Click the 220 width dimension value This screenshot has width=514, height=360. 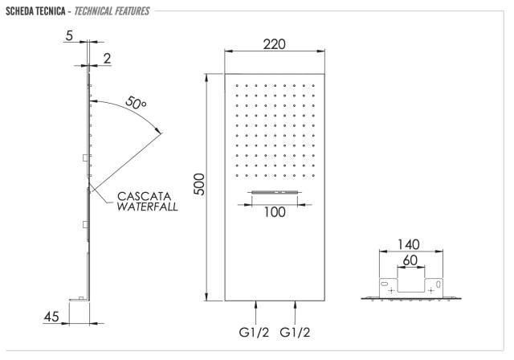coord(275,44)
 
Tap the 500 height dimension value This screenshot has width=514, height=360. coord(199,184)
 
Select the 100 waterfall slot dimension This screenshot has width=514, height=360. coord(275,212)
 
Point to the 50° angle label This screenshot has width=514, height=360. coord(136,103)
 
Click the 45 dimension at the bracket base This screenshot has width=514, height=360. coord(51,317)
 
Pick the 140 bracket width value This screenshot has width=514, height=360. coord(409,244)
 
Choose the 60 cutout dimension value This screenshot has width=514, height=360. coord(410,260)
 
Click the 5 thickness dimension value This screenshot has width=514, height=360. coord(69,35)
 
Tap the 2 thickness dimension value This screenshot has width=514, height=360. coord(107,59)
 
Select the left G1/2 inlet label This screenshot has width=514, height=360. coord(254,333)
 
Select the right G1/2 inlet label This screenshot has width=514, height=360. coord(295,333)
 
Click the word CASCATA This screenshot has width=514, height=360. coord(145,196)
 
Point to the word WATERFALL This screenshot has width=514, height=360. coord(147,207)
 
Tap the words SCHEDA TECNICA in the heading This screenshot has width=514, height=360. coord(35,11)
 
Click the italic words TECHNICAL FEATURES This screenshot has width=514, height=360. coord(112,11)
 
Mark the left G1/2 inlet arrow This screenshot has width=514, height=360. coord(255,313)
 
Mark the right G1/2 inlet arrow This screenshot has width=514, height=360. coord(296,313)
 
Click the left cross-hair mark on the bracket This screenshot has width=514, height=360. coord(391,291)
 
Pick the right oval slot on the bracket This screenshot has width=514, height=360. coord(439,284)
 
